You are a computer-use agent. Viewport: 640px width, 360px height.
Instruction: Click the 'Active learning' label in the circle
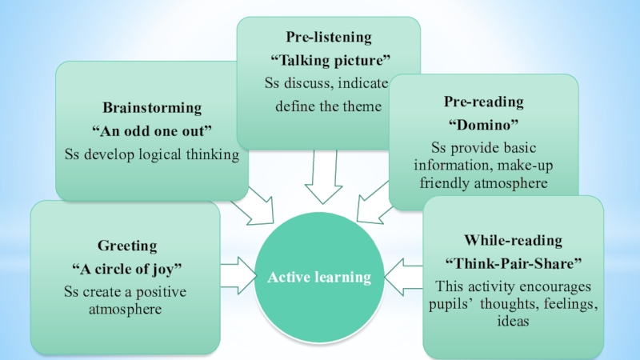[319, 278]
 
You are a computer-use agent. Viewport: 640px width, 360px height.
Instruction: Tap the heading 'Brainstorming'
[152, 107]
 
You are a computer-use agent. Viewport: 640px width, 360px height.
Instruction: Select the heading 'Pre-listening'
[329, 37]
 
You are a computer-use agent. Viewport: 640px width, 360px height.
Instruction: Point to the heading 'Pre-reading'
[484, 102]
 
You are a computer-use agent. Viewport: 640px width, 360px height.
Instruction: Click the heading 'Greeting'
[127, 245]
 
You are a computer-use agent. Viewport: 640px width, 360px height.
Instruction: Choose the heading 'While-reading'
[513, 240]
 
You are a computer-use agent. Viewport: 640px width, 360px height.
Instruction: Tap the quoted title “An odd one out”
[152, 131]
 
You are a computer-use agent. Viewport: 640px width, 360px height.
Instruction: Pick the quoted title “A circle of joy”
[127, 267]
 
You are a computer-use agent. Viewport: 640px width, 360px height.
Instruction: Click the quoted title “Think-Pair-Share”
[513, 262]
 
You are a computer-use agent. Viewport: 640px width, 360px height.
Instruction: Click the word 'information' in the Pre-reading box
[450, 166]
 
